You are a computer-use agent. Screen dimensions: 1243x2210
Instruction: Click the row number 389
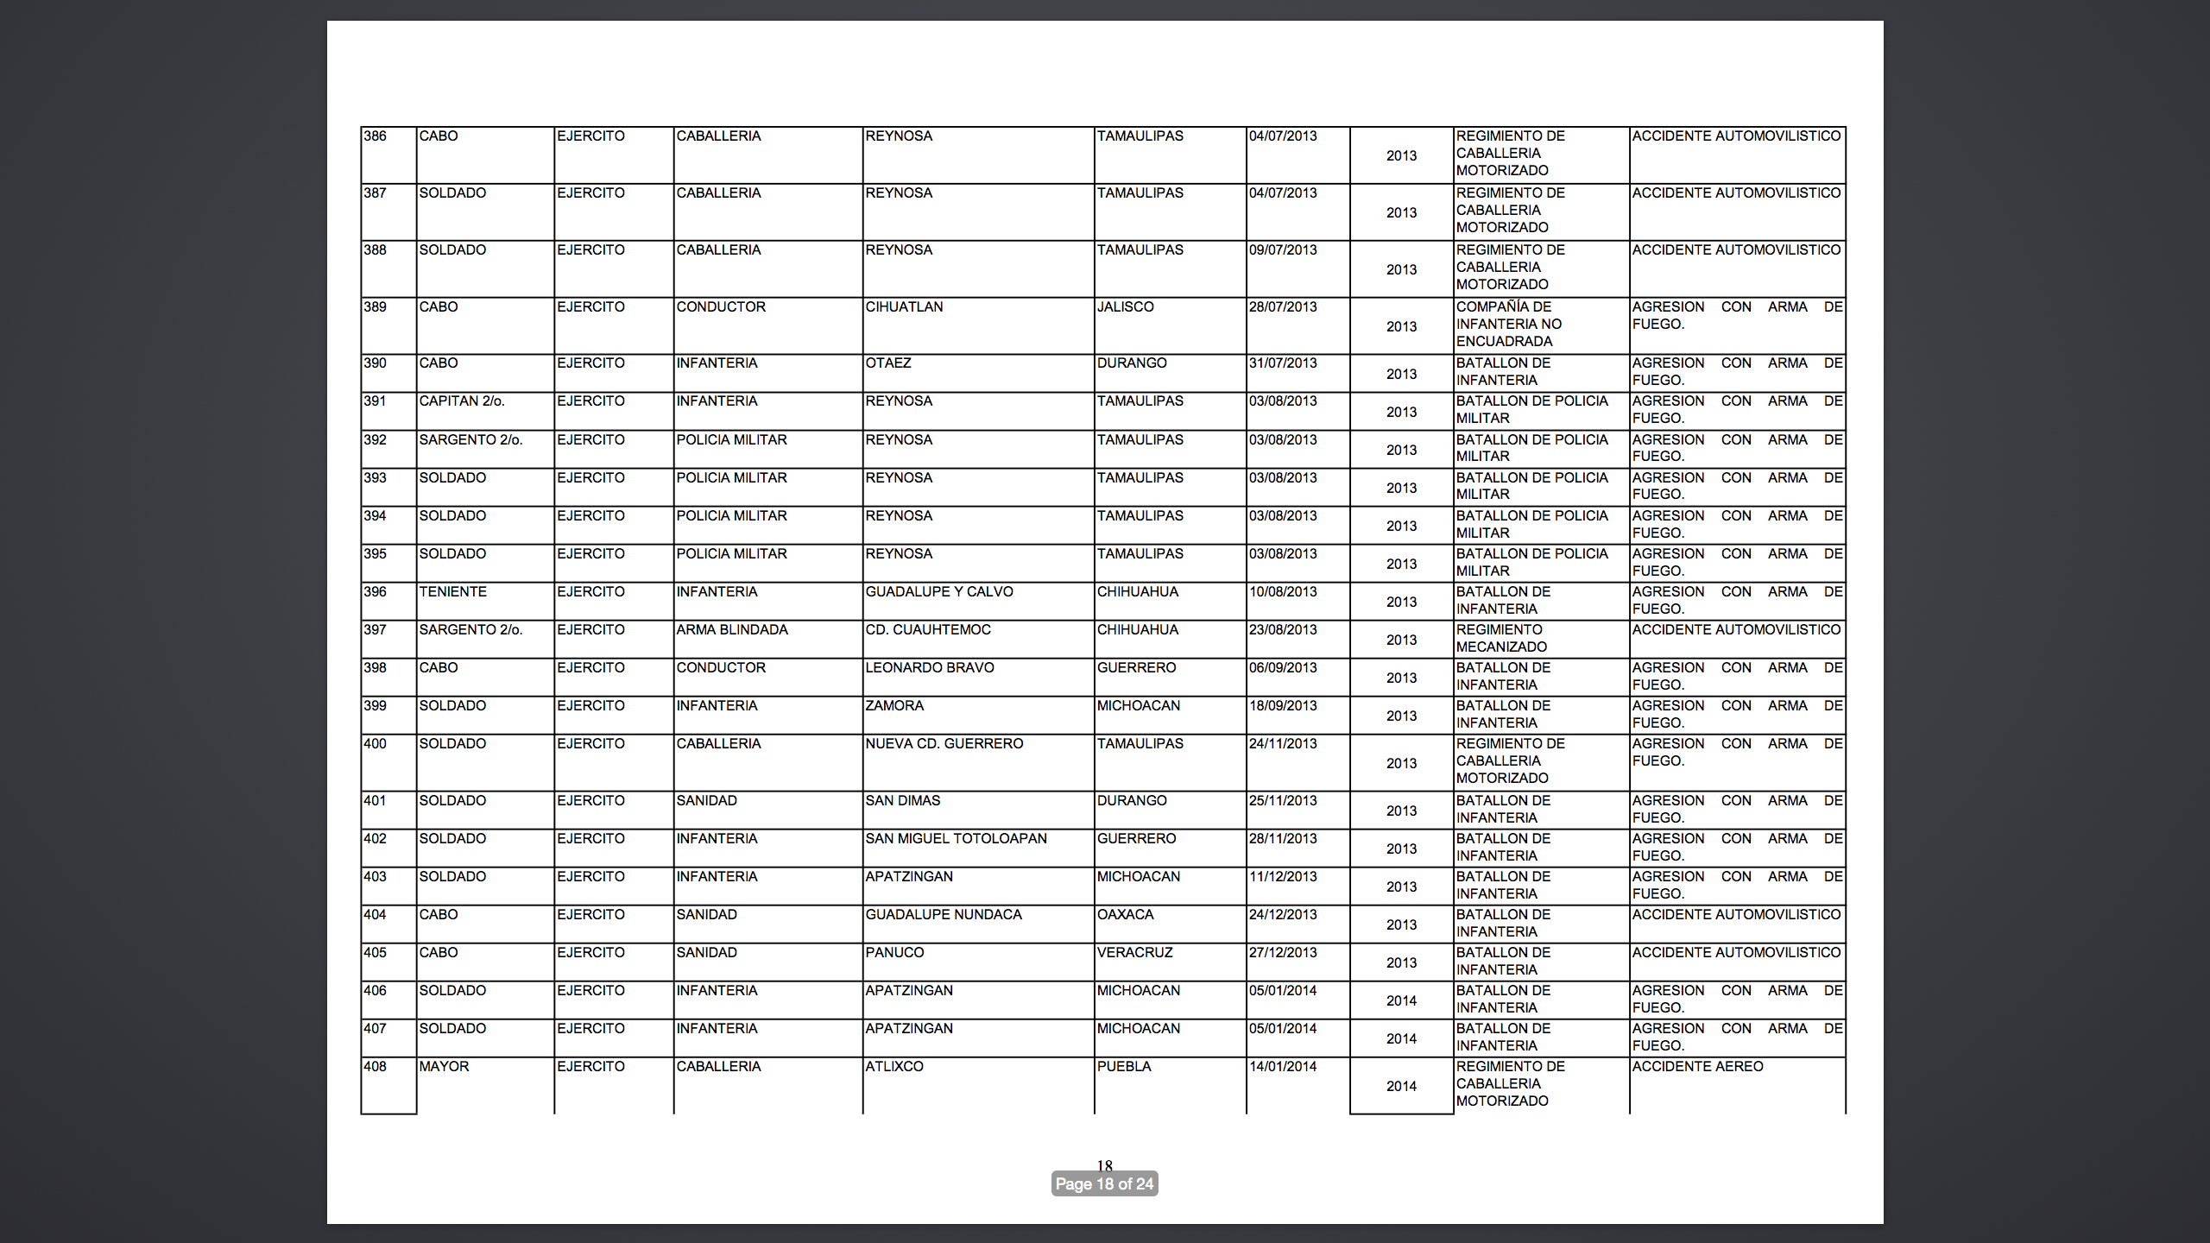(x=375, y=307)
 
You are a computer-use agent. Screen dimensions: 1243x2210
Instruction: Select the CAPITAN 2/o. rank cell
(x=462, y=401)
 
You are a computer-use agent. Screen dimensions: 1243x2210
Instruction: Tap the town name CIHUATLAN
(x=904, y=307)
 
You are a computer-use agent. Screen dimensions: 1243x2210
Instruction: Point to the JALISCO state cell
(x=1125, y=307)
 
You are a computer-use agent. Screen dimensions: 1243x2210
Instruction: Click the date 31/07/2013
(x=1283, y=363)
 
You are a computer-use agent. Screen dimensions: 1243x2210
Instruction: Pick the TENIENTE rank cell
(x=452, y=592)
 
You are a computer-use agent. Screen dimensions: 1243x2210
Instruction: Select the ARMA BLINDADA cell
(x=732, y=630)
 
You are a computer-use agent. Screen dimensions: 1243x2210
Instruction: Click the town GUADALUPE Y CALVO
(x=939, y=592)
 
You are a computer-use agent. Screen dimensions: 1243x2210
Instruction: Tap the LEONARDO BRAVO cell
(x=930, y=668)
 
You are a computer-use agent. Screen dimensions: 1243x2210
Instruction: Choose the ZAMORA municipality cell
(x=894, y=706)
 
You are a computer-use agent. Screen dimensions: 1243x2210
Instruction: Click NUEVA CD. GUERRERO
(x=944, y=744)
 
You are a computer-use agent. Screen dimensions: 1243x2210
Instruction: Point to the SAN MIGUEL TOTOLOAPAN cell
(x=956, y=839)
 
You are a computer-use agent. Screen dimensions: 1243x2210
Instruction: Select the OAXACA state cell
(x=1125, y=915)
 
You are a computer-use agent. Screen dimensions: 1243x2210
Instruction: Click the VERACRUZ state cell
(x=1134, y=953)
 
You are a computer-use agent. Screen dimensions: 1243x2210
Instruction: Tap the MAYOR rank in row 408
(x=444, y=1067)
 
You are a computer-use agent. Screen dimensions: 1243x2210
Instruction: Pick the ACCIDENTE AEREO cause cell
(x=1697, y=1067)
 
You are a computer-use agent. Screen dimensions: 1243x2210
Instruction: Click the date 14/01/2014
(x=1283, y=1067)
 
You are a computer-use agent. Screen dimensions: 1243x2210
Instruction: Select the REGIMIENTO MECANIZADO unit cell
(x=1501, y=639)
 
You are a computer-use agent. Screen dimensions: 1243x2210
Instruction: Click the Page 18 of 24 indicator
(x=1104, y=1184)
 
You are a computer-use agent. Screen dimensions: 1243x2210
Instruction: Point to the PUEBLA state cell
(x=1124, y=1067)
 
